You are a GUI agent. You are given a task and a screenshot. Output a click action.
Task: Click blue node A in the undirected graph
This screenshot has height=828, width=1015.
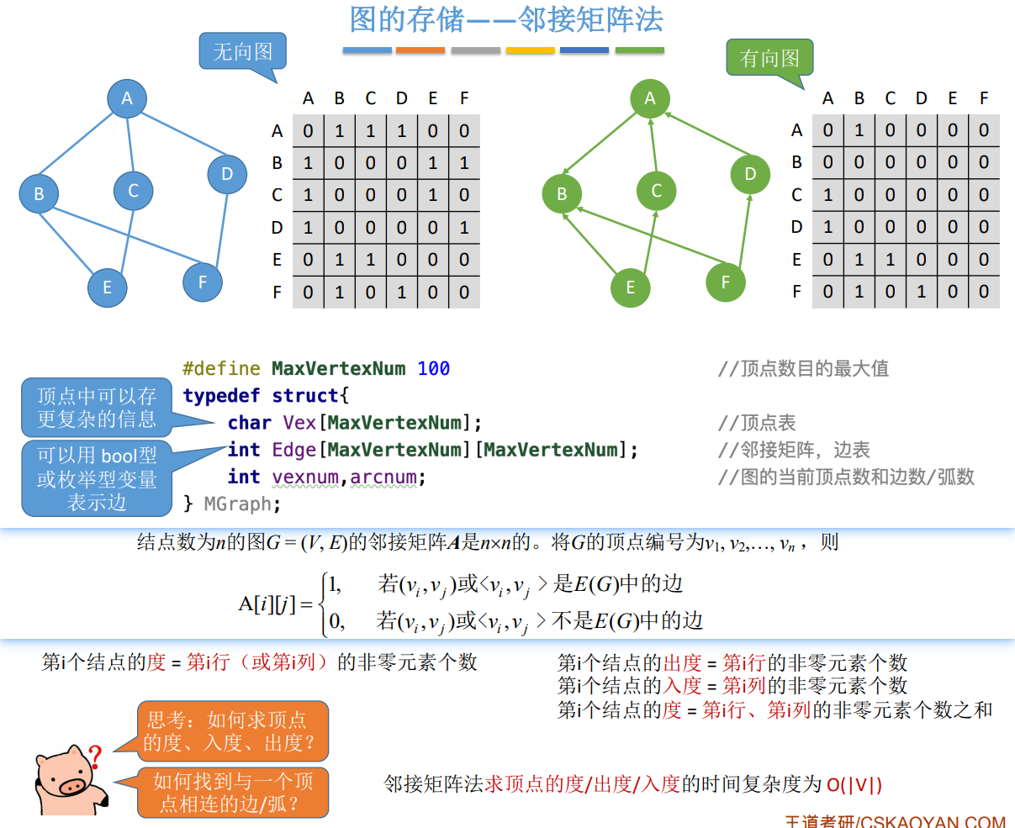(127, 98)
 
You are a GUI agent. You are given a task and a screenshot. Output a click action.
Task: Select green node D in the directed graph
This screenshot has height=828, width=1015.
(750, 174)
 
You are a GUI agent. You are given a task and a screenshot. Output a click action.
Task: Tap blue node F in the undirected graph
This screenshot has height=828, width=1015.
(203, 282)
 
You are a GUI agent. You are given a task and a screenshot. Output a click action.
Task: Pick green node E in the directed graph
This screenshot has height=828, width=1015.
(631, 287)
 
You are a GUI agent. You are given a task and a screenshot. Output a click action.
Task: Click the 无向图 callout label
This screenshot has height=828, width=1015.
(242, 52)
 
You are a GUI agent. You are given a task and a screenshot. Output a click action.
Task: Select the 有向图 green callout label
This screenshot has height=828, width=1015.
(769, 58)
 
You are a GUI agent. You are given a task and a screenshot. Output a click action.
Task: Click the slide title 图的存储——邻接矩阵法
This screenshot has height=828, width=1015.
(506, 19)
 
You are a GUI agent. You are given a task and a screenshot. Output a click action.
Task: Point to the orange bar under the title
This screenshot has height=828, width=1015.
(420, 51)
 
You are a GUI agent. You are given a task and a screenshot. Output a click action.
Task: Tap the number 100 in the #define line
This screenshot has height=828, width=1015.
(433, 368)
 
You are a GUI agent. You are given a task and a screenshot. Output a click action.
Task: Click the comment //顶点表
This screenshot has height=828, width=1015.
(756, 423)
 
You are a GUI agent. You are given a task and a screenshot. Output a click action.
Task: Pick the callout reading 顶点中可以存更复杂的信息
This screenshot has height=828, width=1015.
(97, 408)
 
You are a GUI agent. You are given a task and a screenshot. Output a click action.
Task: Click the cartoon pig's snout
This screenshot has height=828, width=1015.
(71, 787)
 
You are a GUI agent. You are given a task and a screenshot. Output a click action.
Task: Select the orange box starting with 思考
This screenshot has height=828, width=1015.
(232, 731)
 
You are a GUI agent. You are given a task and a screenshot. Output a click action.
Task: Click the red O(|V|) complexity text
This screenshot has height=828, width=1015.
(854, 784)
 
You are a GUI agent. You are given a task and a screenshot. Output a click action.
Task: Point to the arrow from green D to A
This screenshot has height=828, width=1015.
(702, 134)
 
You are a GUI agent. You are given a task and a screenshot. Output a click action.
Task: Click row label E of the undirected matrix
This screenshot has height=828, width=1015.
(277, 260)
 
